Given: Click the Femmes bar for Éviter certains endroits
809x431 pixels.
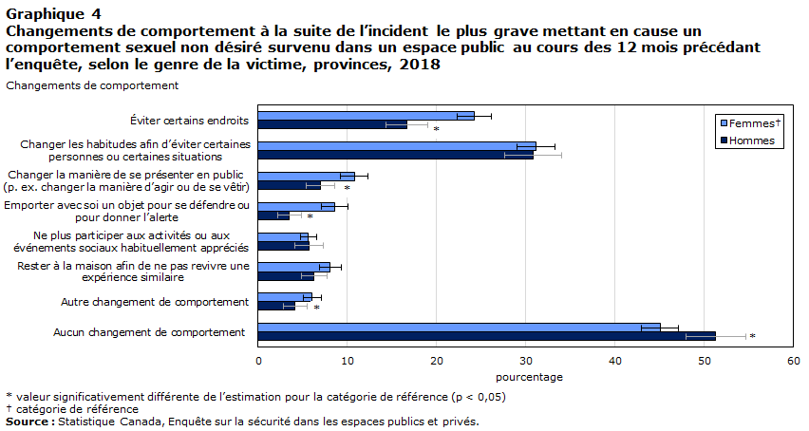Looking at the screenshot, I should [366, 116].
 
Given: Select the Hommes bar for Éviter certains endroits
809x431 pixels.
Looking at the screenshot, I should [332, 124].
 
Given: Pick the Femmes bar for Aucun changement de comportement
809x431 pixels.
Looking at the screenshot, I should [459, 328].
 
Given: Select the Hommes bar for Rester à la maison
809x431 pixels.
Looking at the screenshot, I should [286, 276].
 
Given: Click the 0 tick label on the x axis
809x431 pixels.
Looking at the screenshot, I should [258, 361].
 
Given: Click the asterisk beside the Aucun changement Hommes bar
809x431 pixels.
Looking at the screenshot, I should [753, 337].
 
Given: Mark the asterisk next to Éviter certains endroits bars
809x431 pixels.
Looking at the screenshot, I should [436, 129].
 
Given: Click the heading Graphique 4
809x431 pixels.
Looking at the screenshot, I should [53, 13].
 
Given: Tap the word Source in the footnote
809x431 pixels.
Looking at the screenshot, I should [28, 422].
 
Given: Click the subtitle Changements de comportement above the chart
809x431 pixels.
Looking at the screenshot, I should [92, 85].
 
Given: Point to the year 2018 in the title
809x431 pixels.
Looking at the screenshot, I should [422, 65].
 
